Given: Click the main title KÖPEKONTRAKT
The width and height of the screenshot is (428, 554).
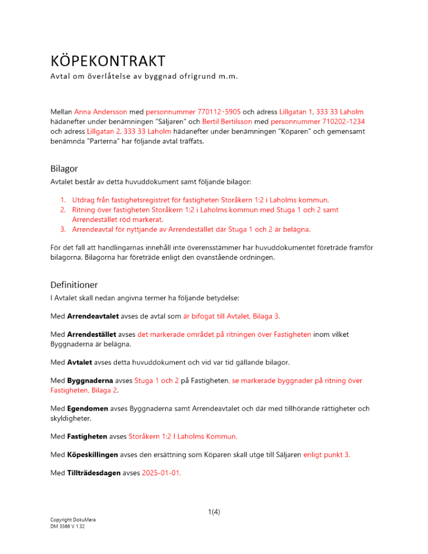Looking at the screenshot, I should (x=108, y=60).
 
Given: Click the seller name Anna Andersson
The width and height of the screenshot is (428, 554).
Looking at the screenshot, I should (x=100, y=112).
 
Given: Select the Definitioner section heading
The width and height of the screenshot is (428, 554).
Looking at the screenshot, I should (x=74, y=285).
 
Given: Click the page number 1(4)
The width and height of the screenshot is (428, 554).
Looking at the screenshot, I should (x=214, y=512).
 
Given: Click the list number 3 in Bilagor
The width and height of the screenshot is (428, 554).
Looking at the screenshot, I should (x=63, y=228).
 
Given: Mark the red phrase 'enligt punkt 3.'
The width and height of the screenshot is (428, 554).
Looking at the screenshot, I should (x=327, y=454).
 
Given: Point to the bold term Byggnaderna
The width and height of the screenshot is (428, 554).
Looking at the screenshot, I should (x=91, y=381).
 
